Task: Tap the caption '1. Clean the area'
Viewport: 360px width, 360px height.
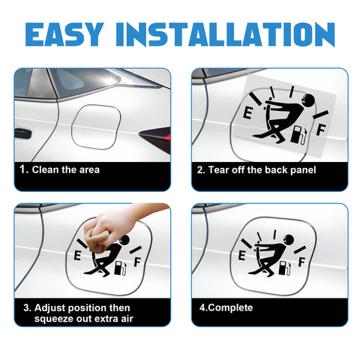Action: (x=60, y=170)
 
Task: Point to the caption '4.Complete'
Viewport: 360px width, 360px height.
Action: (x=225, y=307)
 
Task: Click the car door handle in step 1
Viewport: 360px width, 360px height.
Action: (x=22, y=133)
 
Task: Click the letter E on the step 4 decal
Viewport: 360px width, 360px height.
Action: (x=241, y=256)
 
